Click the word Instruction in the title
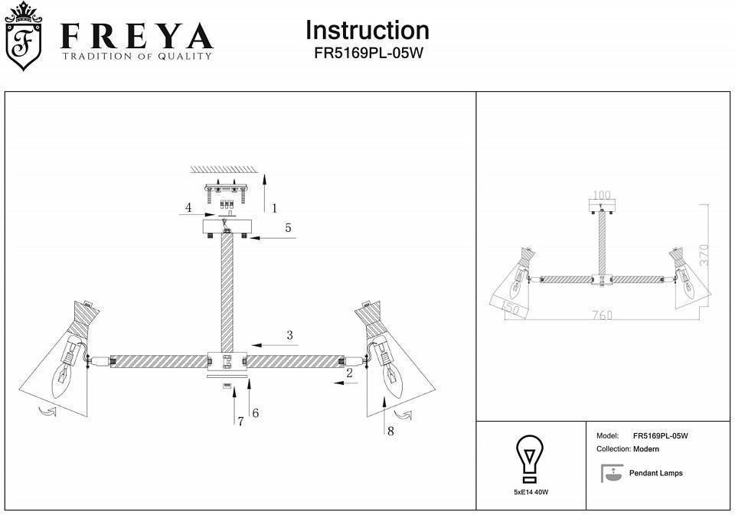click(x=367, y=31)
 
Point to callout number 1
click(x=274, y=207)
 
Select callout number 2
click(x=349, y=373)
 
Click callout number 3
click(x=289, y=334)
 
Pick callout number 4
click(x=187, y=207)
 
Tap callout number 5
click(x=288, y=227)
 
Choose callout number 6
click(x=255, y=413)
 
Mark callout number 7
click(x=240, y=421)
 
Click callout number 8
click(x=390, y=431)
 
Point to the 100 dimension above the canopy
click(x=602, y=196)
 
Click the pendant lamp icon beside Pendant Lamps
click(x=610, y=473)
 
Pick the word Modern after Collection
click(x=646, y=449)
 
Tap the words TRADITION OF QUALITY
click(x=137, y=56)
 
